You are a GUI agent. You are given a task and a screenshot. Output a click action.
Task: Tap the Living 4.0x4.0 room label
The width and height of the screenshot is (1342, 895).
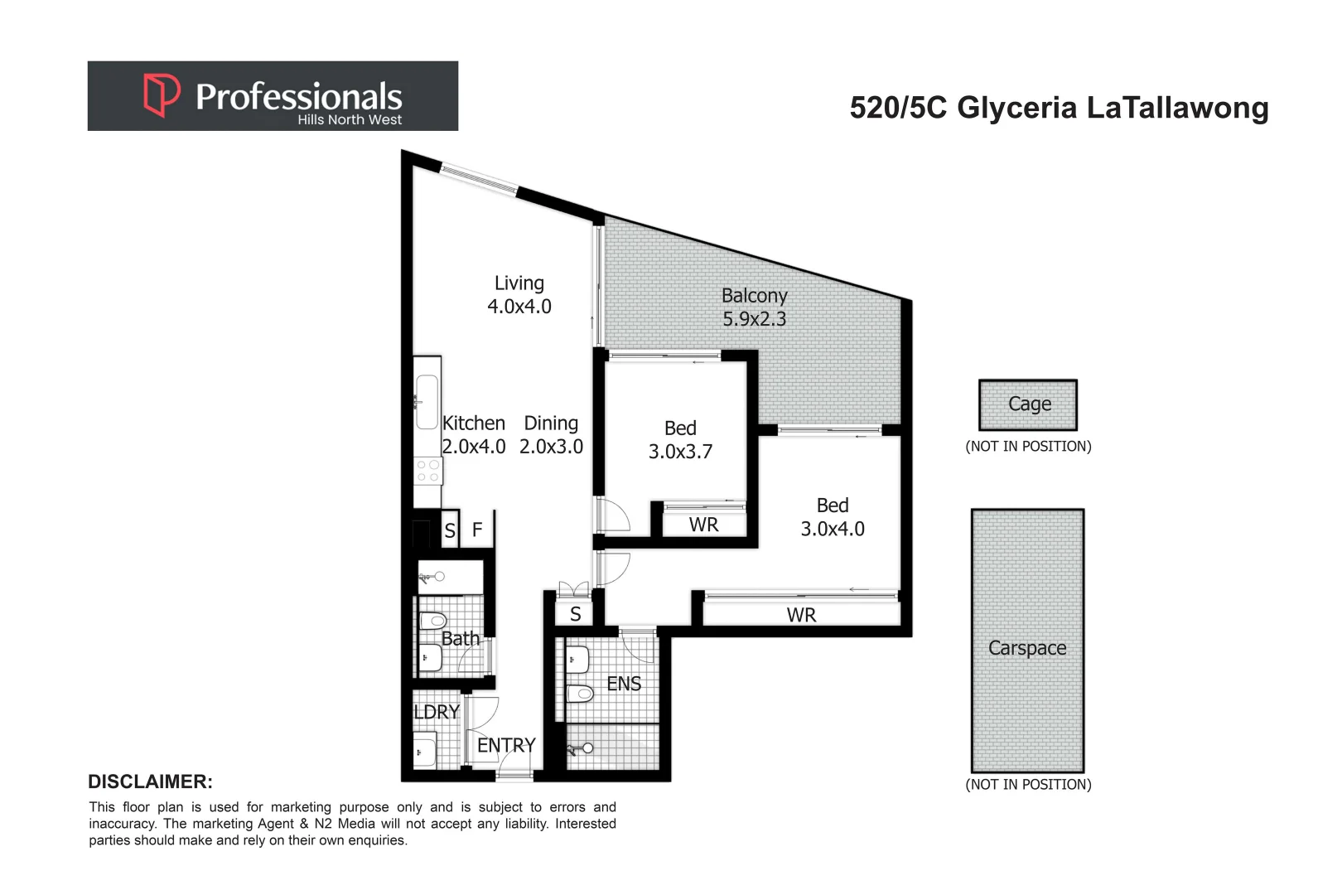(519, 295)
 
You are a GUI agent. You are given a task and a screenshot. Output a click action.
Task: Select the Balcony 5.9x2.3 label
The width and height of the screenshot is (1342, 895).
(754, 307)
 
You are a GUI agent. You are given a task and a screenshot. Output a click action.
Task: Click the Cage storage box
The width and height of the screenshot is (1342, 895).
(1028, 404)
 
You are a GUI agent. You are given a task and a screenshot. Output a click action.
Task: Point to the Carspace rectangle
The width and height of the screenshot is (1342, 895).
(1027, 640)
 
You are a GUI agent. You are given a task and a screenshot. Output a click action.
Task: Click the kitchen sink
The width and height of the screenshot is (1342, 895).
(427, 402)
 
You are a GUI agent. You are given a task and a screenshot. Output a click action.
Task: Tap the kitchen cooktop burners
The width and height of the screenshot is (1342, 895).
(428, 471)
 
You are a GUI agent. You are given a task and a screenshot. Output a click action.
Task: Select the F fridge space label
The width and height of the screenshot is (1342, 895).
(477, 530)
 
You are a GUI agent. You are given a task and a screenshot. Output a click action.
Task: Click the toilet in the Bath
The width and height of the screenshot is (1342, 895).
(432, 621)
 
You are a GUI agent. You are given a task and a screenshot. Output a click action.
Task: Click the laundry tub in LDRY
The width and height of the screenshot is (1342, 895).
(424, 751)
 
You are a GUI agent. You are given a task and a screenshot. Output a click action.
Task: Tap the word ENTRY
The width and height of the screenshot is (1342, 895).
(506, 745)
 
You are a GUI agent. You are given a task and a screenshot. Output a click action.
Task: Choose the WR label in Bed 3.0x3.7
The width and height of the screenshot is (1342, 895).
(703, 525)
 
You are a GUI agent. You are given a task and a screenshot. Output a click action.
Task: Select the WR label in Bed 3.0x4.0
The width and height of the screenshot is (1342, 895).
(801, 615)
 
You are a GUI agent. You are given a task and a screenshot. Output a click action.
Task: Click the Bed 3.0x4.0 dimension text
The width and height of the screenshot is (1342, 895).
(833, 529)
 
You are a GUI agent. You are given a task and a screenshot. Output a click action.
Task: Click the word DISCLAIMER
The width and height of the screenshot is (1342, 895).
(150, 781)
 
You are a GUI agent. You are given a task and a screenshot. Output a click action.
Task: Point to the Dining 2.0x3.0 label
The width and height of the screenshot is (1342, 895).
(551, 435)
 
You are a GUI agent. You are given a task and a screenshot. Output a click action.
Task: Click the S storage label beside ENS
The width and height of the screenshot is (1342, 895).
(576, 614)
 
